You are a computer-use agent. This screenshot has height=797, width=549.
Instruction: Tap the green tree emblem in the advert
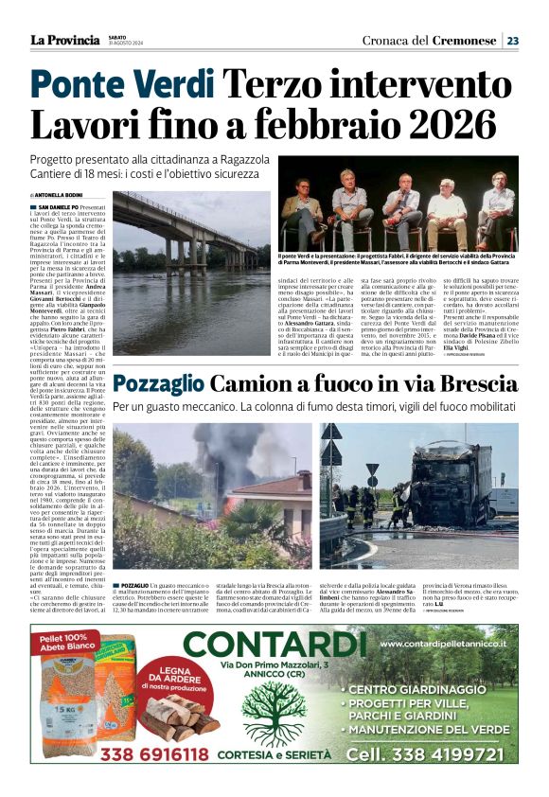point(274,711)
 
